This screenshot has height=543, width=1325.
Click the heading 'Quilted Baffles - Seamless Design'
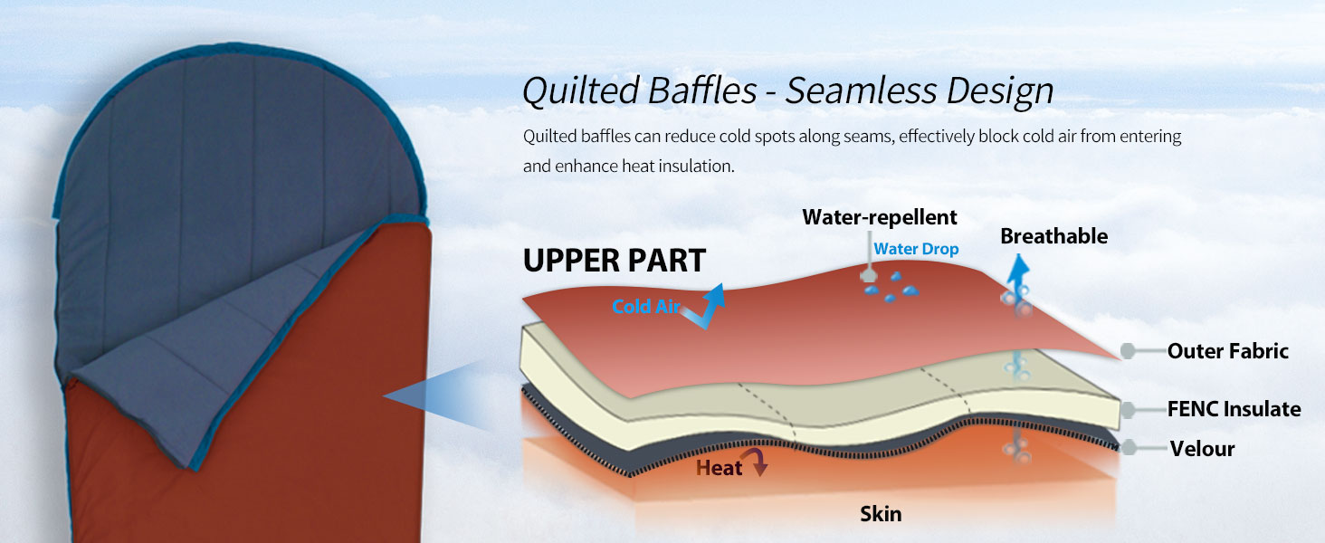[788, 91]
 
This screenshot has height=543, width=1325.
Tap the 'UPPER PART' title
[615, 261]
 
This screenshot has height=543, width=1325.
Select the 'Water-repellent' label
[880, 218]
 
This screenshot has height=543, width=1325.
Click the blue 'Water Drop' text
[916, 249]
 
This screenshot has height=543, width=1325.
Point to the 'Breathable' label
[1054, 236]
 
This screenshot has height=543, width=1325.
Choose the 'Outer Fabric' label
[1228, 351]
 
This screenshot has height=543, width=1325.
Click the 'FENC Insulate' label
[1234, 409]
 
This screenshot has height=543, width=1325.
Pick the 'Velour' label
[1203, 448]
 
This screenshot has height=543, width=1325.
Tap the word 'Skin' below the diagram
[881, 513]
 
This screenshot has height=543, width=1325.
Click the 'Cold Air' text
[646, 307]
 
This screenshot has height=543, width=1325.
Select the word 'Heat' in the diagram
[719, 468]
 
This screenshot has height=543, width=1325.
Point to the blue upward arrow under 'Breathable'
[1018, 273]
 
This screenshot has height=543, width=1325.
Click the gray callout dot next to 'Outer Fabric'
[1128, 351]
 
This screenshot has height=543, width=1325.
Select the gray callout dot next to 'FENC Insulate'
[1128, 409]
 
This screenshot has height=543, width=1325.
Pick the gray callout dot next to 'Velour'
[1130, 447]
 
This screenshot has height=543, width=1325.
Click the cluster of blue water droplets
[891, 287]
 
